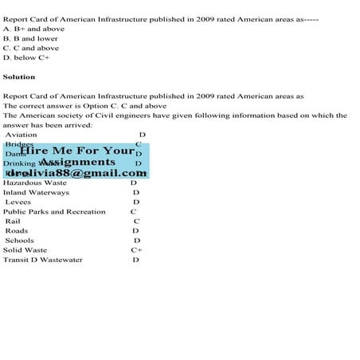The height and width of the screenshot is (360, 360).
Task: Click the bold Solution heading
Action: click(19, 77)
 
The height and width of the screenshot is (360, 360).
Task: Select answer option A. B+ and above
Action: click(34, 28)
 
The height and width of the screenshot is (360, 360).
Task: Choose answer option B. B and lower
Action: click(31, 38)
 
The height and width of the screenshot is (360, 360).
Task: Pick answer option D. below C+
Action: click(31, 57)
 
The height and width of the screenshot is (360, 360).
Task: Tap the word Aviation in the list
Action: click(21, 135)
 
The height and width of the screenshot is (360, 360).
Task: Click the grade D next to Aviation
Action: click(143, 135)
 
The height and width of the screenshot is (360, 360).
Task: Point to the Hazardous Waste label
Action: click(36, 182)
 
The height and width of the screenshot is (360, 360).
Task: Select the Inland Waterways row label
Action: click(36, 192)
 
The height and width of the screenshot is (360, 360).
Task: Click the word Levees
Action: click(18, 202)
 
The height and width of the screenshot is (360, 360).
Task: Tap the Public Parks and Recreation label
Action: click(54, 212)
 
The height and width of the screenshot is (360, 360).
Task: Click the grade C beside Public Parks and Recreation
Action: click(134, 212)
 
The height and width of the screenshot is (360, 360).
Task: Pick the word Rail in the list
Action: click(13, 221)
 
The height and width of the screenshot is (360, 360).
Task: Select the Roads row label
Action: click(16, 231)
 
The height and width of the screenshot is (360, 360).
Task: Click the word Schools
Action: click(19, 241)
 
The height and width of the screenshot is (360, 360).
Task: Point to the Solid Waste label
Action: click(25, 250)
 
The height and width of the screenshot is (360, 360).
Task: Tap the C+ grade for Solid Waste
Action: click(137, 250)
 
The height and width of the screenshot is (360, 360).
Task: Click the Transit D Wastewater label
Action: click(43, 260)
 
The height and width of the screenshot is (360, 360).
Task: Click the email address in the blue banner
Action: click(76, 174)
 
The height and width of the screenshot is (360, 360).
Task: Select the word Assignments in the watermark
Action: click(77, 162)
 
